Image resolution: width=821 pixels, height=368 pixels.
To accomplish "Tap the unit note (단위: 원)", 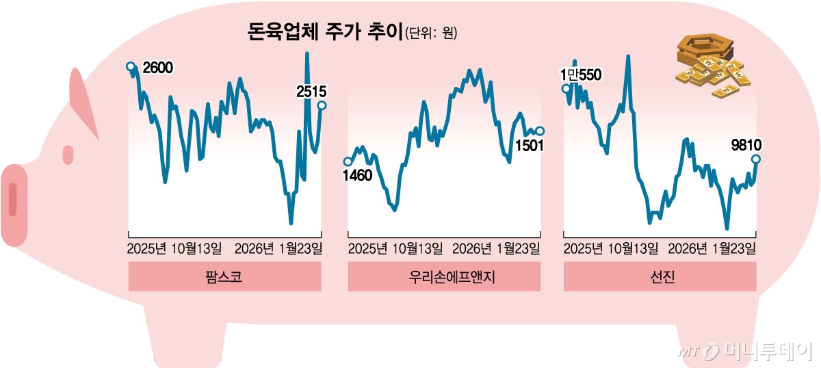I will (x=431, y=33).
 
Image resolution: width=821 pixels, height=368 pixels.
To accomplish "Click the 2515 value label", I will (x=311, y=90).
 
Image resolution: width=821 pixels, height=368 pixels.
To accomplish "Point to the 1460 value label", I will (x=357, y=176).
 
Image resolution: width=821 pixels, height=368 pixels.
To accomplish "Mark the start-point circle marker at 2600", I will (x=130, y=66).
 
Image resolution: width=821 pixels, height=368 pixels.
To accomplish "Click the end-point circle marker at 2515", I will (x=322, y=105).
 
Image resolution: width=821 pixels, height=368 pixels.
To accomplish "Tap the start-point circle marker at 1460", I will (x=348, y=162).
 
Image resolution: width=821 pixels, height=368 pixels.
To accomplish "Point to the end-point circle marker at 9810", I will (x=757, y=159).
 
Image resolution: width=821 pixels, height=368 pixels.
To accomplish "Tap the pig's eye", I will (x=68, y=155).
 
